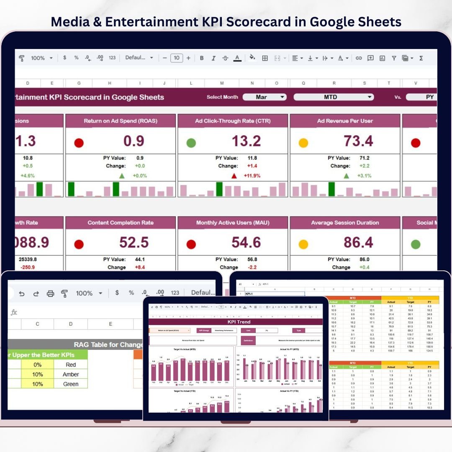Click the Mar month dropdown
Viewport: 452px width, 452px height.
(265, 97)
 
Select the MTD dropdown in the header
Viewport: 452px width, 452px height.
(333, 97)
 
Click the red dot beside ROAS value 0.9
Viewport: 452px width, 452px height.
(79, 143)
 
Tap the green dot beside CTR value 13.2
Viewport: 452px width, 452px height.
(191, 143)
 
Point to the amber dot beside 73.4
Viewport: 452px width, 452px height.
(303, 143)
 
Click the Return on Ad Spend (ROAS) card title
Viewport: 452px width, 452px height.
(121, 121)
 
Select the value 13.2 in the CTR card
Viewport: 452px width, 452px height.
(246, 141)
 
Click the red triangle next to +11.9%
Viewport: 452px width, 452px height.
(234, 176)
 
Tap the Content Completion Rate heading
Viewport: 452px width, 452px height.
(121, 223)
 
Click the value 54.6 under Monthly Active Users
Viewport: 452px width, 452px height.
(246, 242)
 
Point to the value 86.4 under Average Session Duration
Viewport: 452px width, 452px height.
(358, 242)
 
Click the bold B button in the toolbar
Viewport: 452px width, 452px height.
(202, 58)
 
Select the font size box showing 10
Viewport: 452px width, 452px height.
(177, 58)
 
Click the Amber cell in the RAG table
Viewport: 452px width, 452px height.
(71, 374)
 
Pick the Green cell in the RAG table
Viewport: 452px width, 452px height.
(71, 384)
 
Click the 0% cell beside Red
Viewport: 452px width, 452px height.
(37, 365)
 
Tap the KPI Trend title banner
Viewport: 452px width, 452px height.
(236, 322)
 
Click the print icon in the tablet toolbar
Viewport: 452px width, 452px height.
(50, 293)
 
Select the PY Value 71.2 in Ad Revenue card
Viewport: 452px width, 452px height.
(364, 158)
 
